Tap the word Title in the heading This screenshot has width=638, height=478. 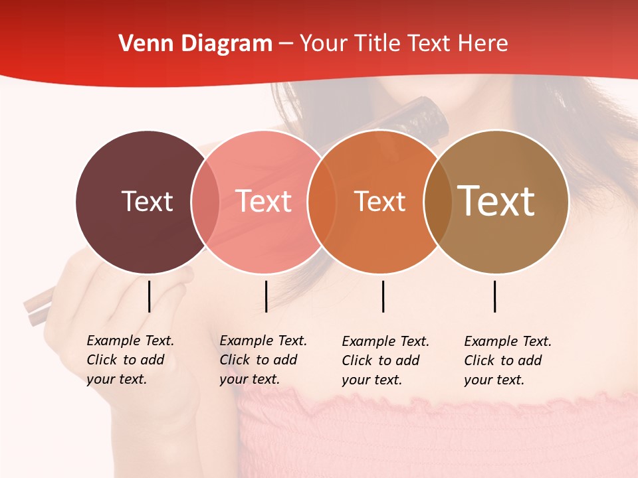[x=379, y=44]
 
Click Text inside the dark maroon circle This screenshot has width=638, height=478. [x=147, y=201]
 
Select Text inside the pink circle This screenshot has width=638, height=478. [x=264, y=201]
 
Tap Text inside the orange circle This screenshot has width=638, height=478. [x=379, y=201]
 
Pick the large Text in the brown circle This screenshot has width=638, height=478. [x=496, y=201]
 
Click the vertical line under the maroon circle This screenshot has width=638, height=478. [x=149, y=296]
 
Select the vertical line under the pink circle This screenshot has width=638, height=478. [x=266, y=296]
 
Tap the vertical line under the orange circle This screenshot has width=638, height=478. [x=383, y=296]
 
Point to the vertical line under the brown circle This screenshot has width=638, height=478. [x=494, y=296]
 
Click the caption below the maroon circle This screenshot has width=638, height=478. [x=130, y=360]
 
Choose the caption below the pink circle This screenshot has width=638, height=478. [x=263, y=360]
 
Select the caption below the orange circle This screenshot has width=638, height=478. [x=385, y=360]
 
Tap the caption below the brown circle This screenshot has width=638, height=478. [x=508, y=360]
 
